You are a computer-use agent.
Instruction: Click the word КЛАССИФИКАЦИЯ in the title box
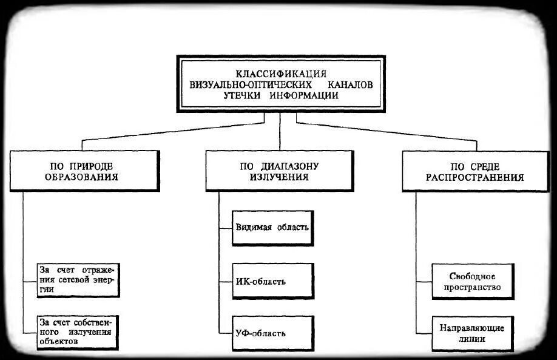pyautogui.click(x=280, y=73)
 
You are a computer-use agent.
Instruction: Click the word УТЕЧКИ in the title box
pyautogui.click(x=246, y=95)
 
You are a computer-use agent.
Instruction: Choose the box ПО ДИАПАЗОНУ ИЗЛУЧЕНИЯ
pyautogui.click(x=278, y=172)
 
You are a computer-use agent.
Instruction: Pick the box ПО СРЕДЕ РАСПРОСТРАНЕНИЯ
pyautogui.click(x=474, y=172)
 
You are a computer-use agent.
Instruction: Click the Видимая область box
pyautogui.click(x=272, y=228)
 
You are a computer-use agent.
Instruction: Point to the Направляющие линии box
pyautogui.click(x=472, y=333)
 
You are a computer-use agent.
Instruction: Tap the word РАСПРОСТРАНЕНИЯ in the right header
pyautogui.click(x=474, y=178)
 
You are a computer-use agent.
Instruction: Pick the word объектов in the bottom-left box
pyautogui.click(x=59, y=342)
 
